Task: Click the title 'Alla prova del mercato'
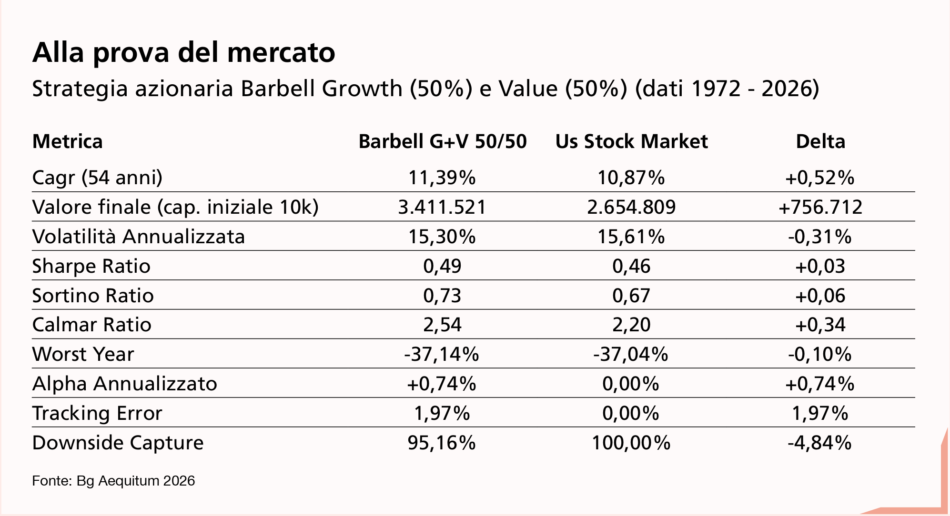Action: (183, 53)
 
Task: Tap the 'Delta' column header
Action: (820, 142)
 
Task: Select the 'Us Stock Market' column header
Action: (631, 142)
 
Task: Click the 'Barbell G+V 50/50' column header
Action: (443, 142)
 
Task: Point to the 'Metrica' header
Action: (67, 142)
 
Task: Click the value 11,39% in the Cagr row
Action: (442, 178)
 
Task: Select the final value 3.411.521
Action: (442, 208)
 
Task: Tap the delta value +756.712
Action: (820, 208)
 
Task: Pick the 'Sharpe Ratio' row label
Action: (91, 266)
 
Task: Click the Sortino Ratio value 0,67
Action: (631, 296)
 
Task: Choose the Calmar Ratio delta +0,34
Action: (820, 325)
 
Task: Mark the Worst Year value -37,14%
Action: (441, 355)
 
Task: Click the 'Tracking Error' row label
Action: (97, 413)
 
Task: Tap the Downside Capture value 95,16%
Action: (442, 443)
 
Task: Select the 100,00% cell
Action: (631, 443)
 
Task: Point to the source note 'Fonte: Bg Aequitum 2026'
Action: (113, 481)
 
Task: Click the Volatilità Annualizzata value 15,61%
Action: (631, 237)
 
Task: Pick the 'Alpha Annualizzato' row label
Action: (124, 384)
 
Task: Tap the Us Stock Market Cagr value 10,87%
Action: (631, 178)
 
